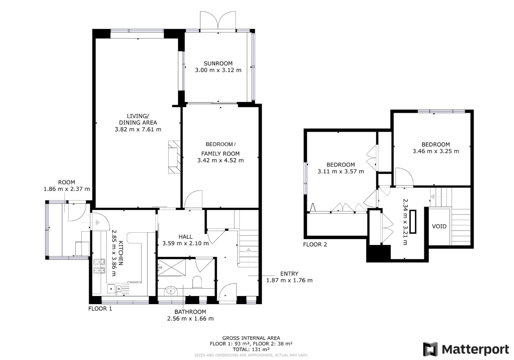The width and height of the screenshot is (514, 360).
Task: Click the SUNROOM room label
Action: (218, 63)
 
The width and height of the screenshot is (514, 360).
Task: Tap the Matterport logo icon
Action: (430, 349)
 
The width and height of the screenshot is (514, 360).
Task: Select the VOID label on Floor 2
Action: (439, 226)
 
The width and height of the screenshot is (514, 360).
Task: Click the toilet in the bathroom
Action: (197, 282)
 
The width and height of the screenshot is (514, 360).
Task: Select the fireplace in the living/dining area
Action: (174, 157)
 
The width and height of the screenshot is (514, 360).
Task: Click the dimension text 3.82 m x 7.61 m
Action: (138, 129)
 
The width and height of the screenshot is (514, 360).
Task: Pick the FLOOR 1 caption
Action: (100, 309)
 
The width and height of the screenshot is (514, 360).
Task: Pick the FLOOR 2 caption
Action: (315, 245)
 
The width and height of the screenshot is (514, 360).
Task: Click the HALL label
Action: (185, 237)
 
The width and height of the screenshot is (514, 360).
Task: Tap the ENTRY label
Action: (289, 274)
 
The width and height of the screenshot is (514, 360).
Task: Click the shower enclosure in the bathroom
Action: (172, 267)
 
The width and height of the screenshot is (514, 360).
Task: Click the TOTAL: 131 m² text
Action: (251, 349)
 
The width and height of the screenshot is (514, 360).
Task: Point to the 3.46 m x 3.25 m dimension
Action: (436, 151)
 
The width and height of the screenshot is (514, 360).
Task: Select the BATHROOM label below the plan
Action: (190, 312)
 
